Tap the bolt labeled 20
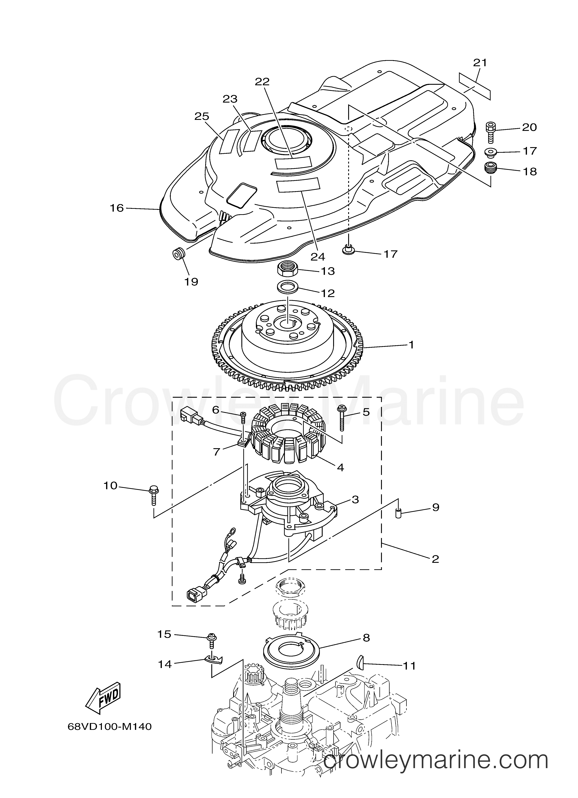click(491, 132)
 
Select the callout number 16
click(117, 208)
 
